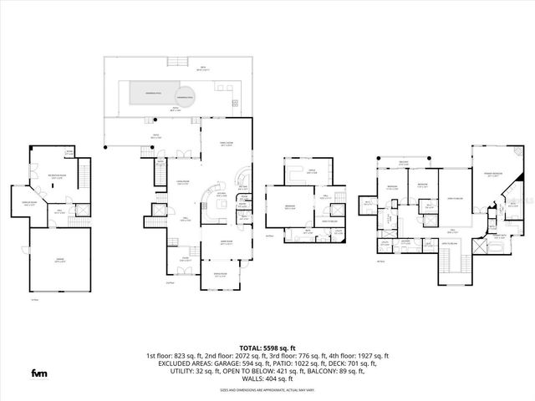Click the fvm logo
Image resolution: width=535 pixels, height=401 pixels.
point(39,372)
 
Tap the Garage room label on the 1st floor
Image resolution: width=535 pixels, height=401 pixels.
point(59,260)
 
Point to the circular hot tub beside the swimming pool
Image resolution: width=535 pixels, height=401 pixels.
point(184,98)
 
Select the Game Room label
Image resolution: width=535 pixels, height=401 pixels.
point(226,241)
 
